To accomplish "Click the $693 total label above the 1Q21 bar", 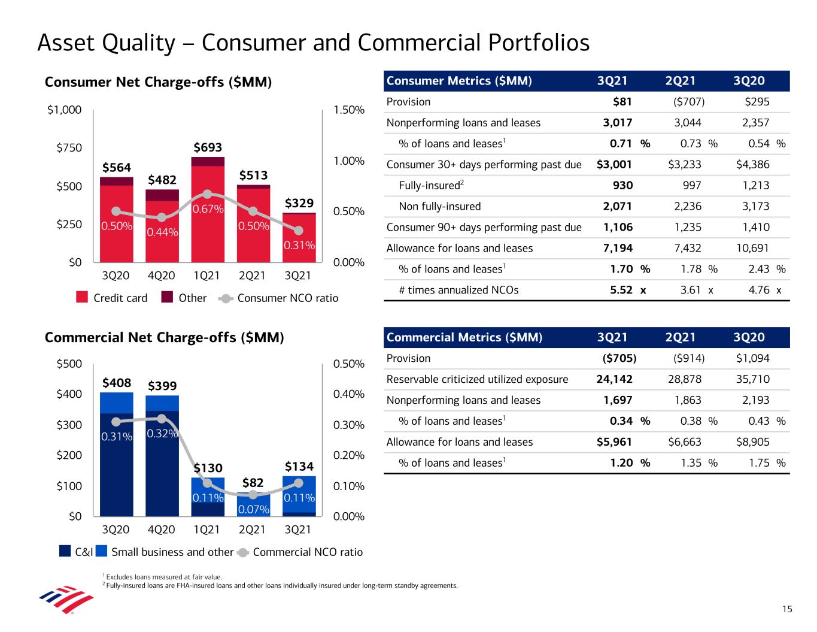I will [x=207, y=147].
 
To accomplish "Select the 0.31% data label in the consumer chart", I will [x=299, y=245].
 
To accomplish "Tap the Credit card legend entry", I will [x=113, y=298].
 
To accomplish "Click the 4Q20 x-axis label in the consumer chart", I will [x=162, y=276].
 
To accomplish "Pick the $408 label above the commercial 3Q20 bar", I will [x=117, y=382].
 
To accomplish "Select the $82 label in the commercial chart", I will [x=253, y=483].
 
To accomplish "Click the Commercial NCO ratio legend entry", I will [x=300, y=552].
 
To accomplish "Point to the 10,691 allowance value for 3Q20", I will [x=752, y=248].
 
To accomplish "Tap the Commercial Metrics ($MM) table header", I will [x=464, y=337].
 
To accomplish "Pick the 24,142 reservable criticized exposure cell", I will [x=615, y=379].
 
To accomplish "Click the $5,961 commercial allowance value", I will [x=615, y=442].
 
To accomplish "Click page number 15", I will [x=786, y=609].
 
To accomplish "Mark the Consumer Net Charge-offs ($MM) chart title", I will [x=159, y=82].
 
